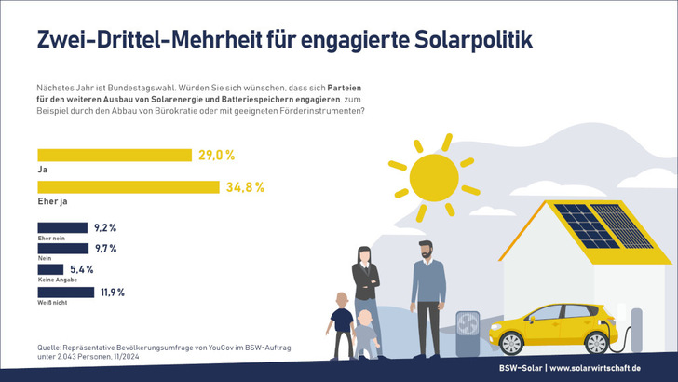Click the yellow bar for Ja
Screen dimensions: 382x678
pyautogui.click(x=114, y=156)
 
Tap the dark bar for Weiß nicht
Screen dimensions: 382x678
pyautogui.click(x=65, y=292)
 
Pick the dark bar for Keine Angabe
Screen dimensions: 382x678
pyautogui.click(x=50, y=269)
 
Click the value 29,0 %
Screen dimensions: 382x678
pyautogui.click(x=216, y=156)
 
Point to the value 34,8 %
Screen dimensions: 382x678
pyautogui.click(x=246, y=187)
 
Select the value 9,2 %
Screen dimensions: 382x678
pyautogui.click(x=105, y=227)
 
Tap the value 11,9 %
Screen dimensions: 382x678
pyautogui.click(x=112, y=292)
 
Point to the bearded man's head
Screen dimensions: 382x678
pyautogui.click(x=424, y=251)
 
